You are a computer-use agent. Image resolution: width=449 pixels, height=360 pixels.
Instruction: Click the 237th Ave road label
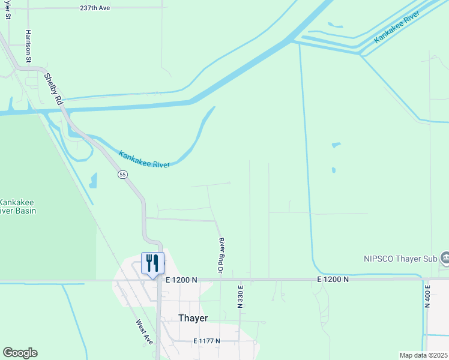(x=95, y=8)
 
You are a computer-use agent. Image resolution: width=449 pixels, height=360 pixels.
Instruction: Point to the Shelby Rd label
(x=53, y=89)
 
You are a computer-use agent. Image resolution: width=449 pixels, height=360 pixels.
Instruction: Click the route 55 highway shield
(x=122, y=175)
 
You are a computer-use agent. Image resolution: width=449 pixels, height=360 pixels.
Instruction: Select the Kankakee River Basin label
(x=17, y=206)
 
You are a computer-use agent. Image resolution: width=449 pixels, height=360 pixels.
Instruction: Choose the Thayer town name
(x=193, y=318)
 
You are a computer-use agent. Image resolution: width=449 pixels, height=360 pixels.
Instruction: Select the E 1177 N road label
(x=206, y=341)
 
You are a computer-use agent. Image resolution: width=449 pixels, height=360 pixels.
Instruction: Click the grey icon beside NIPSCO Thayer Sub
(x=444, y=258)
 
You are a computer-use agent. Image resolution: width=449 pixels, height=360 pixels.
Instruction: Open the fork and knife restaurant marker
(x=152, y=263)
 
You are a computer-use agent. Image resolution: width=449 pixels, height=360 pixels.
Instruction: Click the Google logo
(x=20, y=353)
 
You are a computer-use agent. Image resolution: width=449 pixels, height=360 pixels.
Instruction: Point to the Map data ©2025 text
(x=423, y=355)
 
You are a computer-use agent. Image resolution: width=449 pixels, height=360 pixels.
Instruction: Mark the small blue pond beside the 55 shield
(x=93, y=180)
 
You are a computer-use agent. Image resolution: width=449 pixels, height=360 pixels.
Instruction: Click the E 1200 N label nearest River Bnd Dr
(x=181, y=280)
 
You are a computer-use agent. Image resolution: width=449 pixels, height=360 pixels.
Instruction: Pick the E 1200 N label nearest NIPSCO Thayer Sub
(x=334, y=280)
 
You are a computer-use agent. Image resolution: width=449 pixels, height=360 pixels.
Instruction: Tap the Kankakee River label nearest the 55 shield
(x=144, y=159)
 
